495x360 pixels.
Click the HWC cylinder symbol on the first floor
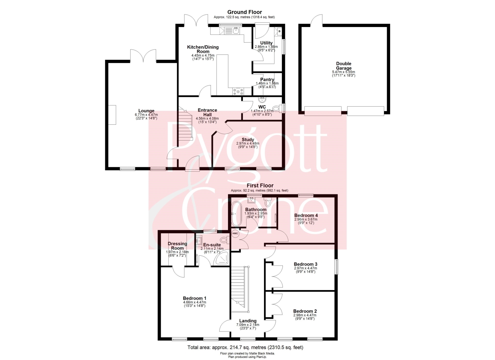click(235, 234)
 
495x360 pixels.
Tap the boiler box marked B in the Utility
click(279, 31)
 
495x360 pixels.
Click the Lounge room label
click(146, 111)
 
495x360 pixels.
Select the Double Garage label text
click(344, 66)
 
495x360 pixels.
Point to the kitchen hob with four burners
click(238, 91)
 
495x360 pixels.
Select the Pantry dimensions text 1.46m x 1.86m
click(267, 83)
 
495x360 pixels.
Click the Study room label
click(248, 140)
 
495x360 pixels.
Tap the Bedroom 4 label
click(306, 215)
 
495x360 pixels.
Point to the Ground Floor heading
click(245, 12)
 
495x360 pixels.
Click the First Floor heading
click(260, 185)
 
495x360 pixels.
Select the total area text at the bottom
click(245, 347)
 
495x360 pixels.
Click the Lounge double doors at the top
click(144, 55)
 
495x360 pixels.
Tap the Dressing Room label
click(177, 246)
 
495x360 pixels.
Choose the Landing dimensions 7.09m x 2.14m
click(248, 325)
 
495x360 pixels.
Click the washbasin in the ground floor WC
click(262, 100)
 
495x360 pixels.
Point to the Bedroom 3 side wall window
click(336, 267)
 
